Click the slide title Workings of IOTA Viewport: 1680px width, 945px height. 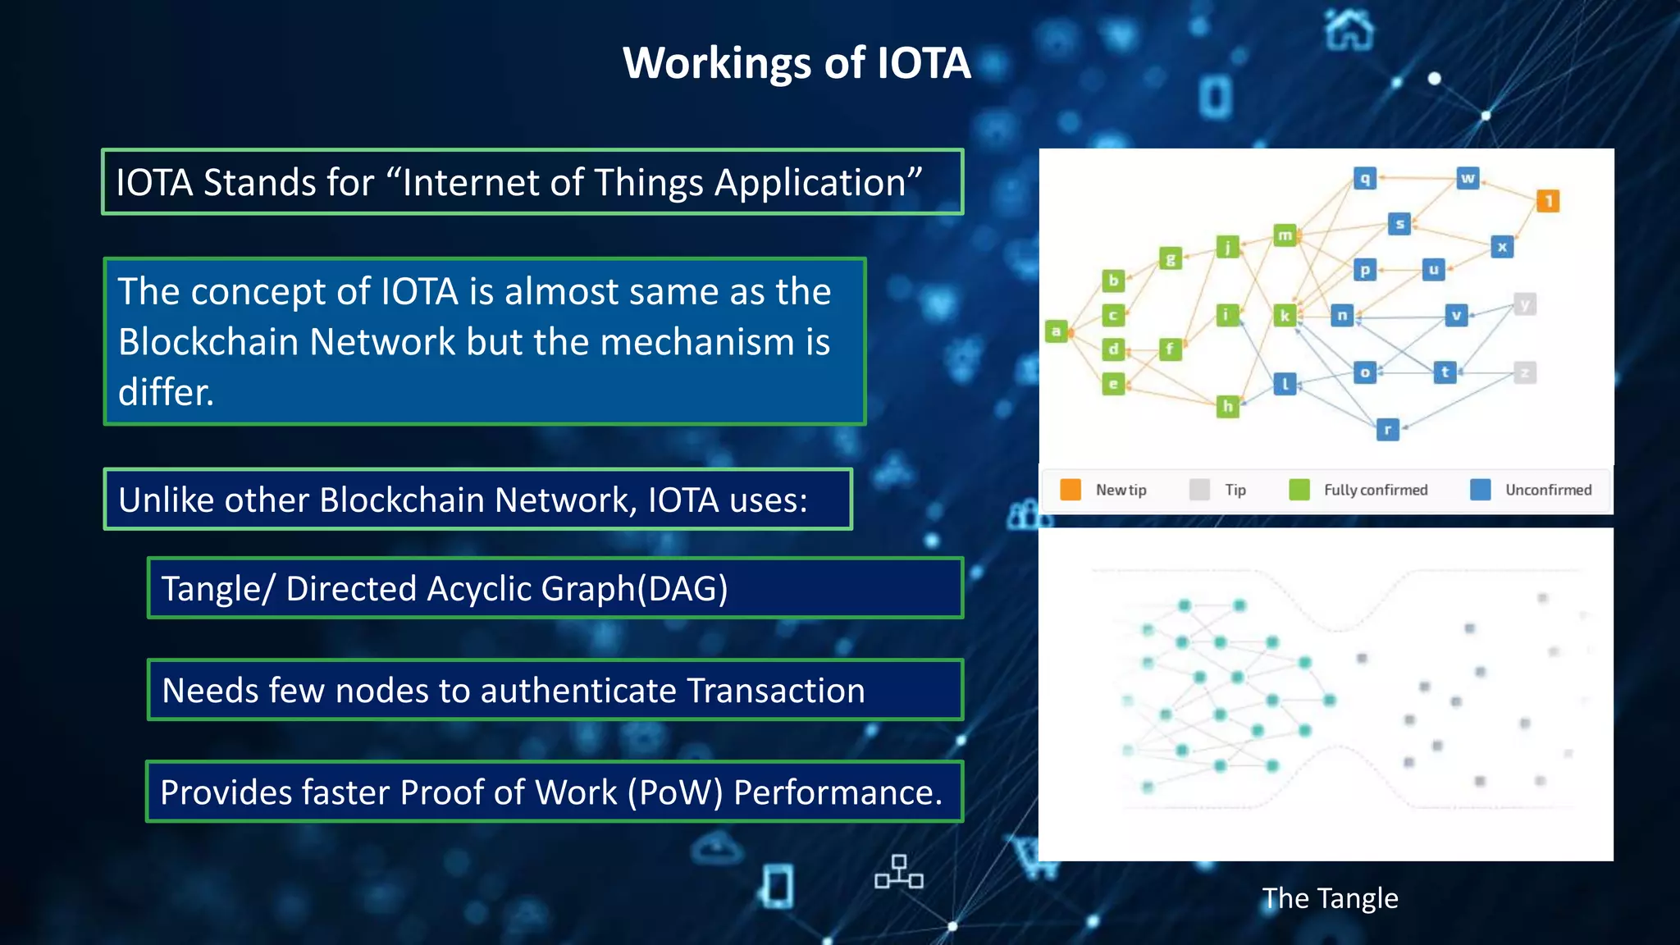tap(797, 63)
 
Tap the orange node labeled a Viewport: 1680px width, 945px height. tap(1057, 331)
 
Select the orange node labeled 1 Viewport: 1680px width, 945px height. tap(1547, 201)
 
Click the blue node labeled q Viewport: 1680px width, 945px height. tap(1364, 178)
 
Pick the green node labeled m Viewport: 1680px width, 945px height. tap(1285, 235)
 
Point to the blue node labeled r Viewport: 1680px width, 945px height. tap(1387, 429)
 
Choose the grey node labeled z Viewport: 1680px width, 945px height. tap(1524, 373)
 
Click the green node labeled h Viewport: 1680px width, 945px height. tap(1227, 405)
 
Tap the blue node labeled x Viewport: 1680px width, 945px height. tap(1501, 247)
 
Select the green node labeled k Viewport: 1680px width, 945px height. tap(1285, 315)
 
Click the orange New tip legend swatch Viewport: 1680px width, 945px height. tap(1071, 490)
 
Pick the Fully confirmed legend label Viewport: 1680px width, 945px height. tap(1375, 490)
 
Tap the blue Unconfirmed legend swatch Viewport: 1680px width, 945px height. tap(1480, 490)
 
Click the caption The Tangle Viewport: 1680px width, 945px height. tap(1329, 898)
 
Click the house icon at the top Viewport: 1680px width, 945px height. tap(1349, 30)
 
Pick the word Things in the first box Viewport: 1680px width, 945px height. tap(649, 182)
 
